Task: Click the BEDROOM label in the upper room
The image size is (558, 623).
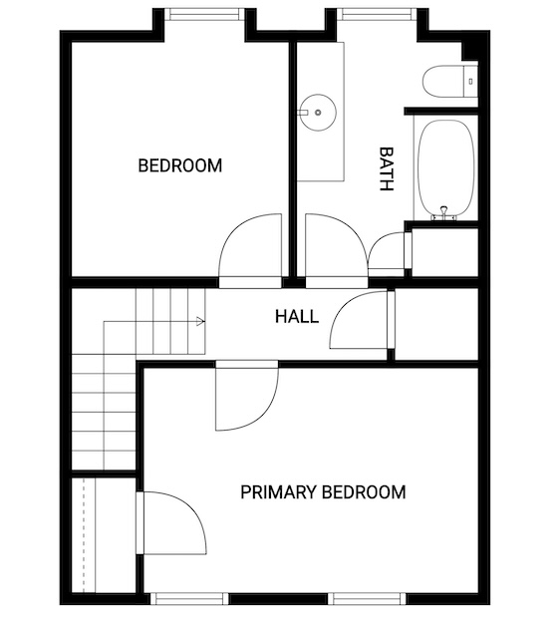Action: pyautogui.click(x=180, y=165)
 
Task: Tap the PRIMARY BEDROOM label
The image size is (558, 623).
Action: pyautogui.click(x=323, y=492)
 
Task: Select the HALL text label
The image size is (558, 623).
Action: pyautogui.click(x=297, y=317)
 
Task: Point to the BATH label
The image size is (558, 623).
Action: pyautogui.click(x=386, y=168)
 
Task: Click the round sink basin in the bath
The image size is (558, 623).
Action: pyautogui.click(x=318, y=113)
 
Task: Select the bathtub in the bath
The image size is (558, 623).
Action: pyautogui.click(x=445, y=168)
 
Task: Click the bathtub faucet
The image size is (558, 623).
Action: pyautogui.click(x=444, y=214)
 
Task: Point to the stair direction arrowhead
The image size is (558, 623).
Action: pyautogui.click(x=200, y=321)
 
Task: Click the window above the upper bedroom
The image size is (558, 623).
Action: pyautogui.click(x=204, y=14)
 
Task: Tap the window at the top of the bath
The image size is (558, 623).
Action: pyautogui.click(x=377, y=14)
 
